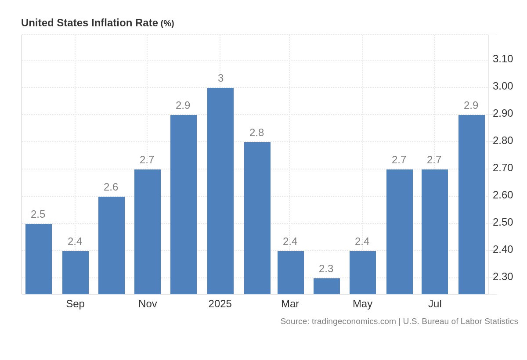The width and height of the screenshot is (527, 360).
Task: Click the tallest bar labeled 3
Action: (x=220, y=191)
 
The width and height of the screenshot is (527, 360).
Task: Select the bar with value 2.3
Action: (x=327, y=286)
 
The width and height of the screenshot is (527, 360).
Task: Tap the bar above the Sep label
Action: (x=76, y=273)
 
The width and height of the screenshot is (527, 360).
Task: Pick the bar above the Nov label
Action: (x=148, y=232)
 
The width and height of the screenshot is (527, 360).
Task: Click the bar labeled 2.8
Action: (x=257, y=218)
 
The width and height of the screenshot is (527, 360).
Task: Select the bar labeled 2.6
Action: (x=112, y=245)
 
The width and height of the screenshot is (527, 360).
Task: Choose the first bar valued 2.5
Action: (x=39, y=259)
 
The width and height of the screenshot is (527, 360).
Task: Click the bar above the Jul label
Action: (x=435, y=232)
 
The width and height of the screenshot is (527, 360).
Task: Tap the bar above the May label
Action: (x=363, y=273)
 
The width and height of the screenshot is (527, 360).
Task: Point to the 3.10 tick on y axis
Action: (x=503, y=59)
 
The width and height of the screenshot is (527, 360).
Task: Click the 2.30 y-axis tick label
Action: (x=503, y=277)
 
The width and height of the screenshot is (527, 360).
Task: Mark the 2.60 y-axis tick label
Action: (x=503, y=195)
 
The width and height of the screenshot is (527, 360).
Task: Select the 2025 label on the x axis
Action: (x=220, y=304)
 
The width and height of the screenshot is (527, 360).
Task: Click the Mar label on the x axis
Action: (x=290, y=304)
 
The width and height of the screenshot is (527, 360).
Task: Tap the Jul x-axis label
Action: (x=435, y=304)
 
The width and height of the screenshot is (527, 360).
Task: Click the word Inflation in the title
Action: (x=112, y=23)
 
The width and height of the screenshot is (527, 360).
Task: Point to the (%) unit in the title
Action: (x=167, y=23)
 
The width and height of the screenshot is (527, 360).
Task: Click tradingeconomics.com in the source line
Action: (x=354, y=321)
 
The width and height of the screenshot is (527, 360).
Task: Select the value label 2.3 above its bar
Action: (x=326, y=269)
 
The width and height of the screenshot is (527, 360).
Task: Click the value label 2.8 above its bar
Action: (x=256, y=133)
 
